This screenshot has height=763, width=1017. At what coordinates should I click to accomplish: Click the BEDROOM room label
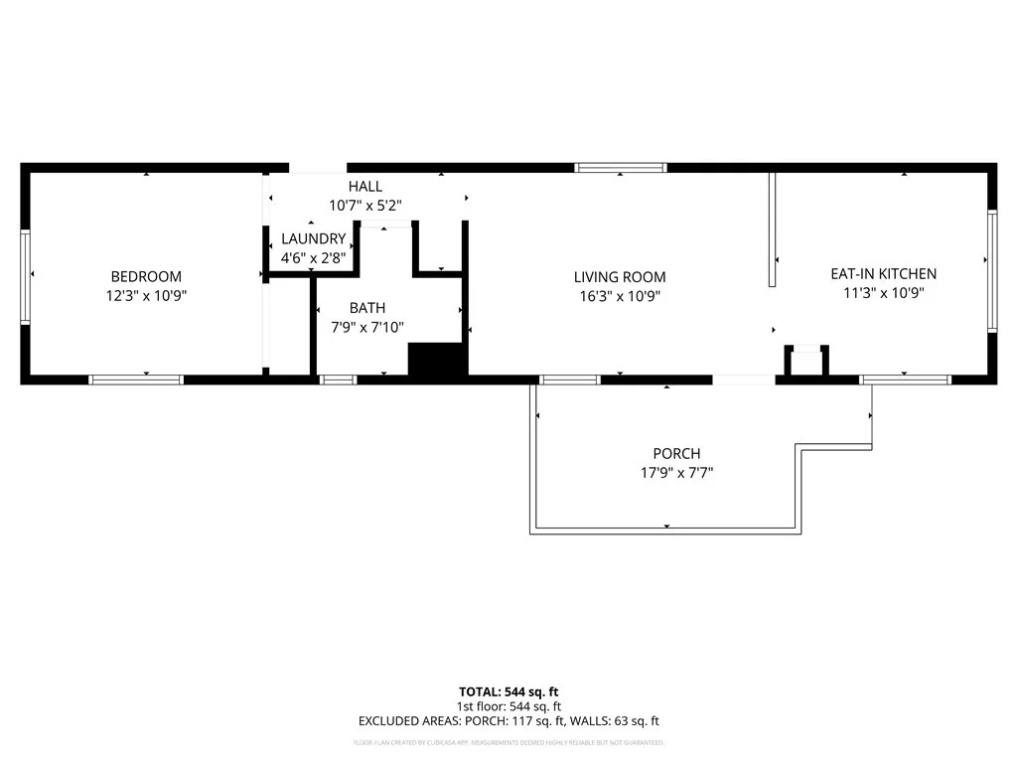(146, 276)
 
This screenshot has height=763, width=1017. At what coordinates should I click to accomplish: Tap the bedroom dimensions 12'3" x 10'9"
(146, 295)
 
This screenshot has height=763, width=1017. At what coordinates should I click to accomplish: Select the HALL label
(364, 187)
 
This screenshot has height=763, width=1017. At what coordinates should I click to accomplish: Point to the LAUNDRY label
(313, 239)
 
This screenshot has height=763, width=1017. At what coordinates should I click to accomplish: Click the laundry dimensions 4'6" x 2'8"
(313, 257)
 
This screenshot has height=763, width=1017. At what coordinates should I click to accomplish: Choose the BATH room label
(366, 308)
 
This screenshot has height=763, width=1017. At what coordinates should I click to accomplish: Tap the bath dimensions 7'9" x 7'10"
(366, 327)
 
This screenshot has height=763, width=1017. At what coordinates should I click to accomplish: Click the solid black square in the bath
(437, 359)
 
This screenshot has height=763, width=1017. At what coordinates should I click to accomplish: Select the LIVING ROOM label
(620, 277)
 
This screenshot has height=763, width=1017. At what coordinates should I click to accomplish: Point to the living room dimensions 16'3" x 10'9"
(620, 296)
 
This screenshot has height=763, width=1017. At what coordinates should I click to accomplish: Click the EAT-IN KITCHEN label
(883, 274)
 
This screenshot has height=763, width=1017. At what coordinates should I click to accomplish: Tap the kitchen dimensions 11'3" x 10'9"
(883, 293)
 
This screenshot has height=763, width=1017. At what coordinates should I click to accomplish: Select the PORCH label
(676, 454)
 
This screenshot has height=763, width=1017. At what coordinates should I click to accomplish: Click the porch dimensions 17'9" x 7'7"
(676, 473)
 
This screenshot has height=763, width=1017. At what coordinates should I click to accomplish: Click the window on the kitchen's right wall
(991, 270)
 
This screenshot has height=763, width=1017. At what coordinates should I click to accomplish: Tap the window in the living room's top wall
(622, 168)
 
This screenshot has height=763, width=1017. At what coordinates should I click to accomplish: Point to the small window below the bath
(338, 380)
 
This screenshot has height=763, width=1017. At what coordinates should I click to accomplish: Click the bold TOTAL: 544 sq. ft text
(508, 691)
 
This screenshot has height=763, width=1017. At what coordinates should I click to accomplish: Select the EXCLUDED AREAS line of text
(508, 721)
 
